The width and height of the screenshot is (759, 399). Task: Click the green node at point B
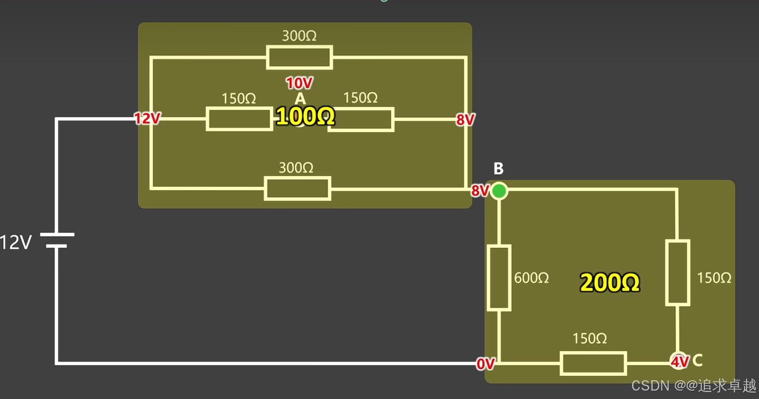pyautogui.click(x=499, y=191)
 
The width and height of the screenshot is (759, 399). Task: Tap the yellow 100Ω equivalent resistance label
pyautogui.click(x=305, y=117)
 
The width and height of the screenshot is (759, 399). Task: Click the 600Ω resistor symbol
pyautogui.click(x=499, y=278)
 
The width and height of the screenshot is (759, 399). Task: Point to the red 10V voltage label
pyautogui.click(x=299, y=83)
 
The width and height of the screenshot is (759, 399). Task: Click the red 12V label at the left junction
pyautogui.click(x=147, y=119)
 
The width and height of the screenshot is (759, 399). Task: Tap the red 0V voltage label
pyautogui.click(x=485, y=364)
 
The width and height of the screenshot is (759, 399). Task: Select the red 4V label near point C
pyautogui.click(x=680, y=362)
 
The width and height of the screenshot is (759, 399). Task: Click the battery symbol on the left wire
pyautogui.click(x=57, y=240)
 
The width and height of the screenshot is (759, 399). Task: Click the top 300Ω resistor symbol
pyautogui.click(x=299, y=57)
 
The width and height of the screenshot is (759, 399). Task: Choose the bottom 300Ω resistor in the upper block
pyautogui.click(x=297, y=188)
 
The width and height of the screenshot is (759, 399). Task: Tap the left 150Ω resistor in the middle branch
pyautogui.click(x=239, y=119)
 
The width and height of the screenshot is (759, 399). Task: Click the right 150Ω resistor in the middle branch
pyautogui.click(x=362, y=119)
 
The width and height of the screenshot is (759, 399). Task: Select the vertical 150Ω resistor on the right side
pyautogui.click(x=678, y=273)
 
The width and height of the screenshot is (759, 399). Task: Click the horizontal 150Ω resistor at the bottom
pyautogui.click(x=594, y=364)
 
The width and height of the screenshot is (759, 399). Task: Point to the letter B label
pyautogui.click(x=498, y=169)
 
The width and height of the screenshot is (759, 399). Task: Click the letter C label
pyautogui.click(x=697, y=361)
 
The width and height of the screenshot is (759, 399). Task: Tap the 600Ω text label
pyautogui.click(x=531, y=278)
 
